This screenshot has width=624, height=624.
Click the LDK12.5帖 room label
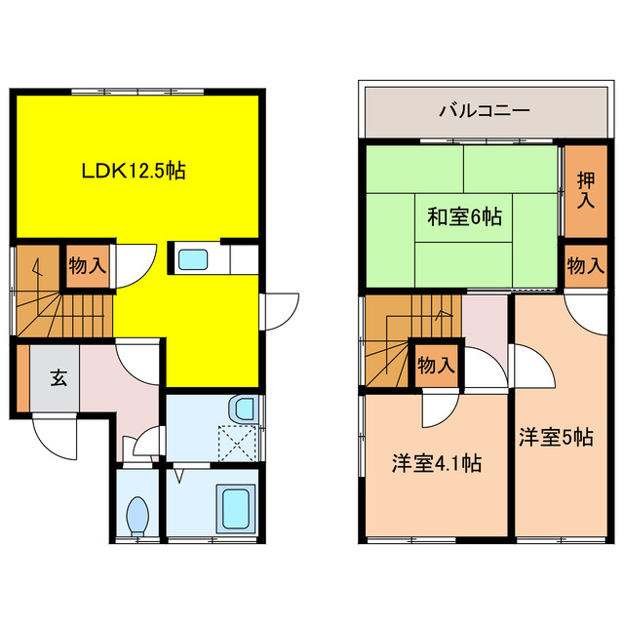(x=133, y=172)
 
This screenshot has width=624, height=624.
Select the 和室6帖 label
(x=464, y=216)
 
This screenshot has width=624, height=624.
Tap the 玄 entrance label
(x=58, y=378)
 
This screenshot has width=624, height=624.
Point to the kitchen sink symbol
(x=192, y=260)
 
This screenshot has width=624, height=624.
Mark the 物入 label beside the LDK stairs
(x=87, y=263)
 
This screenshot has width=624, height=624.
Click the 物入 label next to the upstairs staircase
(x=435, y=366)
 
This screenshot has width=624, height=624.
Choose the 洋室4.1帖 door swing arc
(x=438, y=409)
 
